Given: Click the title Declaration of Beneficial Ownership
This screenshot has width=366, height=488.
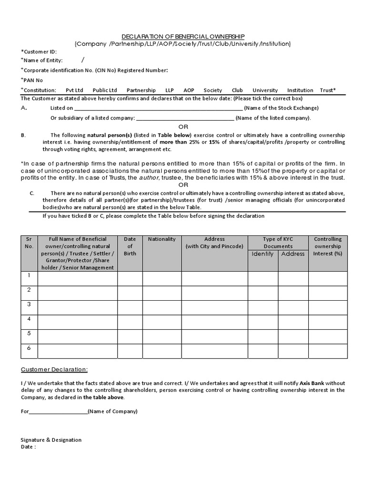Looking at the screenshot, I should pos(183,36).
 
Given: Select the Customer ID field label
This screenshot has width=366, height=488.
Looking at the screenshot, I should pos(39,51).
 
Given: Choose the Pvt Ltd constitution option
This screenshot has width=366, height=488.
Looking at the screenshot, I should pos(74,90).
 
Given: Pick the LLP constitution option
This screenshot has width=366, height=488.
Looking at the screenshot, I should pos(170,90).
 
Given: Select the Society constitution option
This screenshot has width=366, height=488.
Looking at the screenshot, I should pos(213,90).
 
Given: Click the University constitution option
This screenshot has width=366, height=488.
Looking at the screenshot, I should pos(265,90).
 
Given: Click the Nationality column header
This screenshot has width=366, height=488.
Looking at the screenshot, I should pos(162,239).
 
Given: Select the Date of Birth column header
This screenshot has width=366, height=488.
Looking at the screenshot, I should pos(130,246).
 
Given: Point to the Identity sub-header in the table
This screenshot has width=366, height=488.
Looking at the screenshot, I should pos(263,254).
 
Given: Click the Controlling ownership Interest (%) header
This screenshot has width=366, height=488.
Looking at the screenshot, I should pos(327,246).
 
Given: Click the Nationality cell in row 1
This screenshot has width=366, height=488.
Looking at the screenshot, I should pos(162,278).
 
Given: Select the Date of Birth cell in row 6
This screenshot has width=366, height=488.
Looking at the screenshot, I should pos(130,351).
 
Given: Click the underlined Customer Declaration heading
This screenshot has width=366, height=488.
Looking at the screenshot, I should pos(54,370).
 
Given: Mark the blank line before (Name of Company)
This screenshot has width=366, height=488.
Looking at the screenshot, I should pos(58,411).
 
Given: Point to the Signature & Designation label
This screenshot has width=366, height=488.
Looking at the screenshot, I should pos(51,440).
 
